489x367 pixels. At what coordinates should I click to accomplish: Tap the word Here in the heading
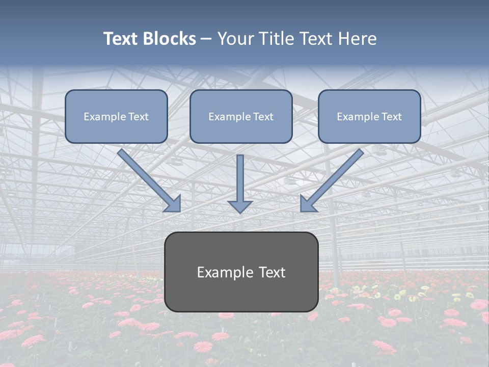[x=356, y=39]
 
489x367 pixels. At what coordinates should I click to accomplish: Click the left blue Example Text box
[x=116, y=116]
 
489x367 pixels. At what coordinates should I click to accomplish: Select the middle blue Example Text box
[x=241, y=116]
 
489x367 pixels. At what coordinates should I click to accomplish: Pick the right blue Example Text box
[x=369, y=116]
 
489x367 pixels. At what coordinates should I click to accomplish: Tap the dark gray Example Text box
[x=241, y=272]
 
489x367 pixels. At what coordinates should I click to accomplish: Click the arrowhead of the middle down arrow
[x=240, y=206]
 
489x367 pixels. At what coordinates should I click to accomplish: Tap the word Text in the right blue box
[x=391, y=117]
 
